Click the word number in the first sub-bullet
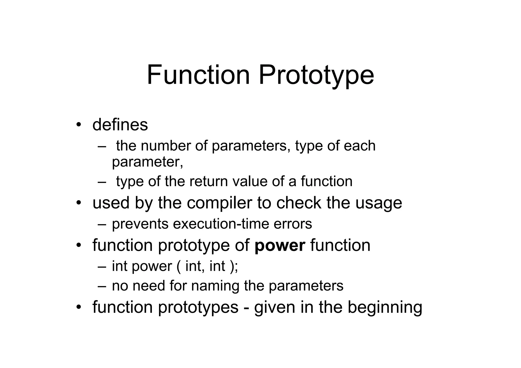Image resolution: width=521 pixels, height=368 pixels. (166, 146)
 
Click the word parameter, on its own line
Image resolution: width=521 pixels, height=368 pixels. (148, 162)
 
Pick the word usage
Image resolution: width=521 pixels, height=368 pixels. (379, 203)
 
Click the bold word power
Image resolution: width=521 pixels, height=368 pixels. (280, 246)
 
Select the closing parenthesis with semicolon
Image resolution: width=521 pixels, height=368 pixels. (234, 266)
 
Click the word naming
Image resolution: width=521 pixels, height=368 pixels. (215, 286)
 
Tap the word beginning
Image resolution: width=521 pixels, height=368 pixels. (385, 307)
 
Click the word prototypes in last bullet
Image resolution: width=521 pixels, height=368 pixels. (198, 307)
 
